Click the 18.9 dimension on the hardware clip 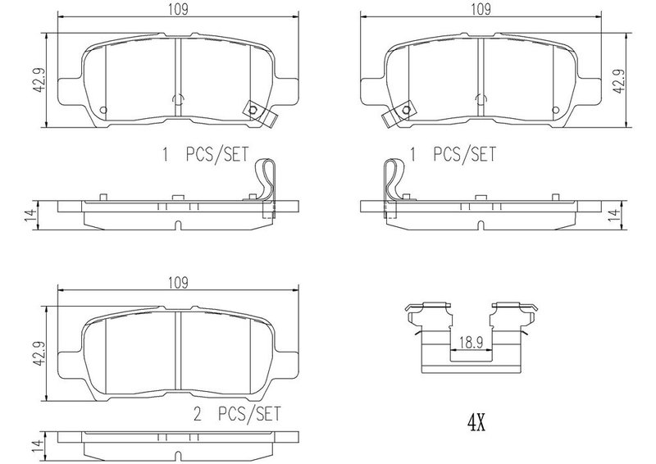coord(471,343)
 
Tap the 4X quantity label coord(476,422)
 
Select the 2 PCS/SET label coord(237,414)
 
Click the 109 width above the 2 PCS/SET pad coord(178,283)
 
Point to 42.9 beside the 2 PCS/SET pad coord(39,353)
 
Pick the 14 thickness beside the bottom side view coord(39,445)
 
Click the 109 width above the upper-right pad coord(481,9)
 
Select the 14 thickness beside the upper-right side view coord(613,215)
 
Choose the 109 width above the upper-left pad coord(178,9)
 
